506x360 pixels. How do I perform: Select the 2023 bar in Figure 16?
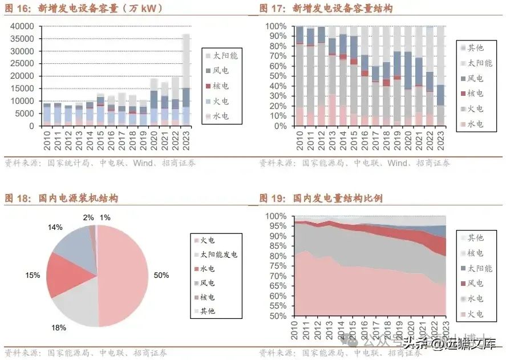click(186, 80)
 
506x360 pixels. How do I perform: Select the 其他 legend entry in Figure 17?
click(475, 48)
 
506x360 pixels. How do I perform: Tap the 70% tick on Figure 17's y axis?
click(279, 56)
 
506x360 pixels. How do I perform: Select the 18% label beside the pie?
click(59, 327)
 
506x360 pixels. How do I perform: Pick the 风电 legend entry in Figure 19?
click(475, 283)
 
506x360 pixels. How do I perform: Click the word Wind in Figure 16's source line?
click(143, 163)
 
